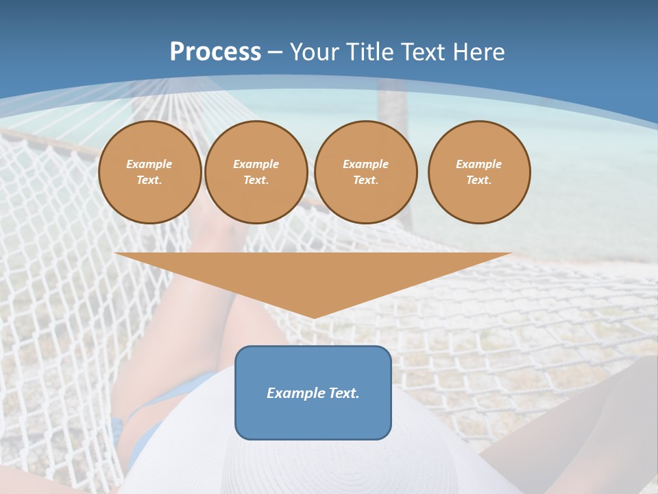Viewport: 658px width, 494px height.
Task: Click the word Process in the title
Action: point(215,52)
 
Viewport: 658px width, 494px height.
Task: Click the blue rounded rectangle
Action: point(313,419)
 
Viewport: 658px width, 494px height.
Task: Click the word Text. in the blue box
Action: point(343,393)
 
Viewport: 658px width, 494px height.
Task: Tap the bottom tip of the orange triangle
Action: point(314,316)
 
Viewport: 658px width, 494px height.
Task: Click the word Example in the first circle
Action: point(149,164)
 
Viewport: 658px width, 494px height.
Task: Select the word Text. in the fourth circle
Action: point(479,180)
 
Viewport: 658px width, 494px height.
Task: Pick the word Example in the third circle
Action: point(366,164)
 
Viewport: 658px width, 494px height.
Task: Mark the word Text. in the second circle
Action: point(256,180)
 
